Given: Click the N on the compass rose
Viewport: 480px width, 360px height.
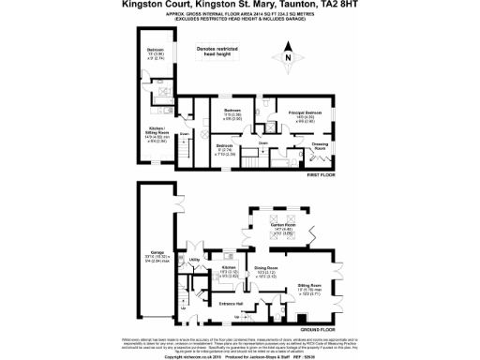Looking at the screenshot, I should pyautogui.click(x=288, y=59).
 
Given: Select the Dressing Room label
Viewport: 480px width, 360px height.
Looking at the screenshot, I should pyautogui.click(x=320, y=145).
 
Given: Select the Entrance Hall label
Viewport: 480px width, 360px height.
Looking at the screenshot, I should pyautogui.click(x=230, y=303).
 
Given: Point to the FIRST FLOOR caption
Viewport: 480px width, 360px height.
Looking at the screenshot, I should pyautogui.click(x=320, y=175).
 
